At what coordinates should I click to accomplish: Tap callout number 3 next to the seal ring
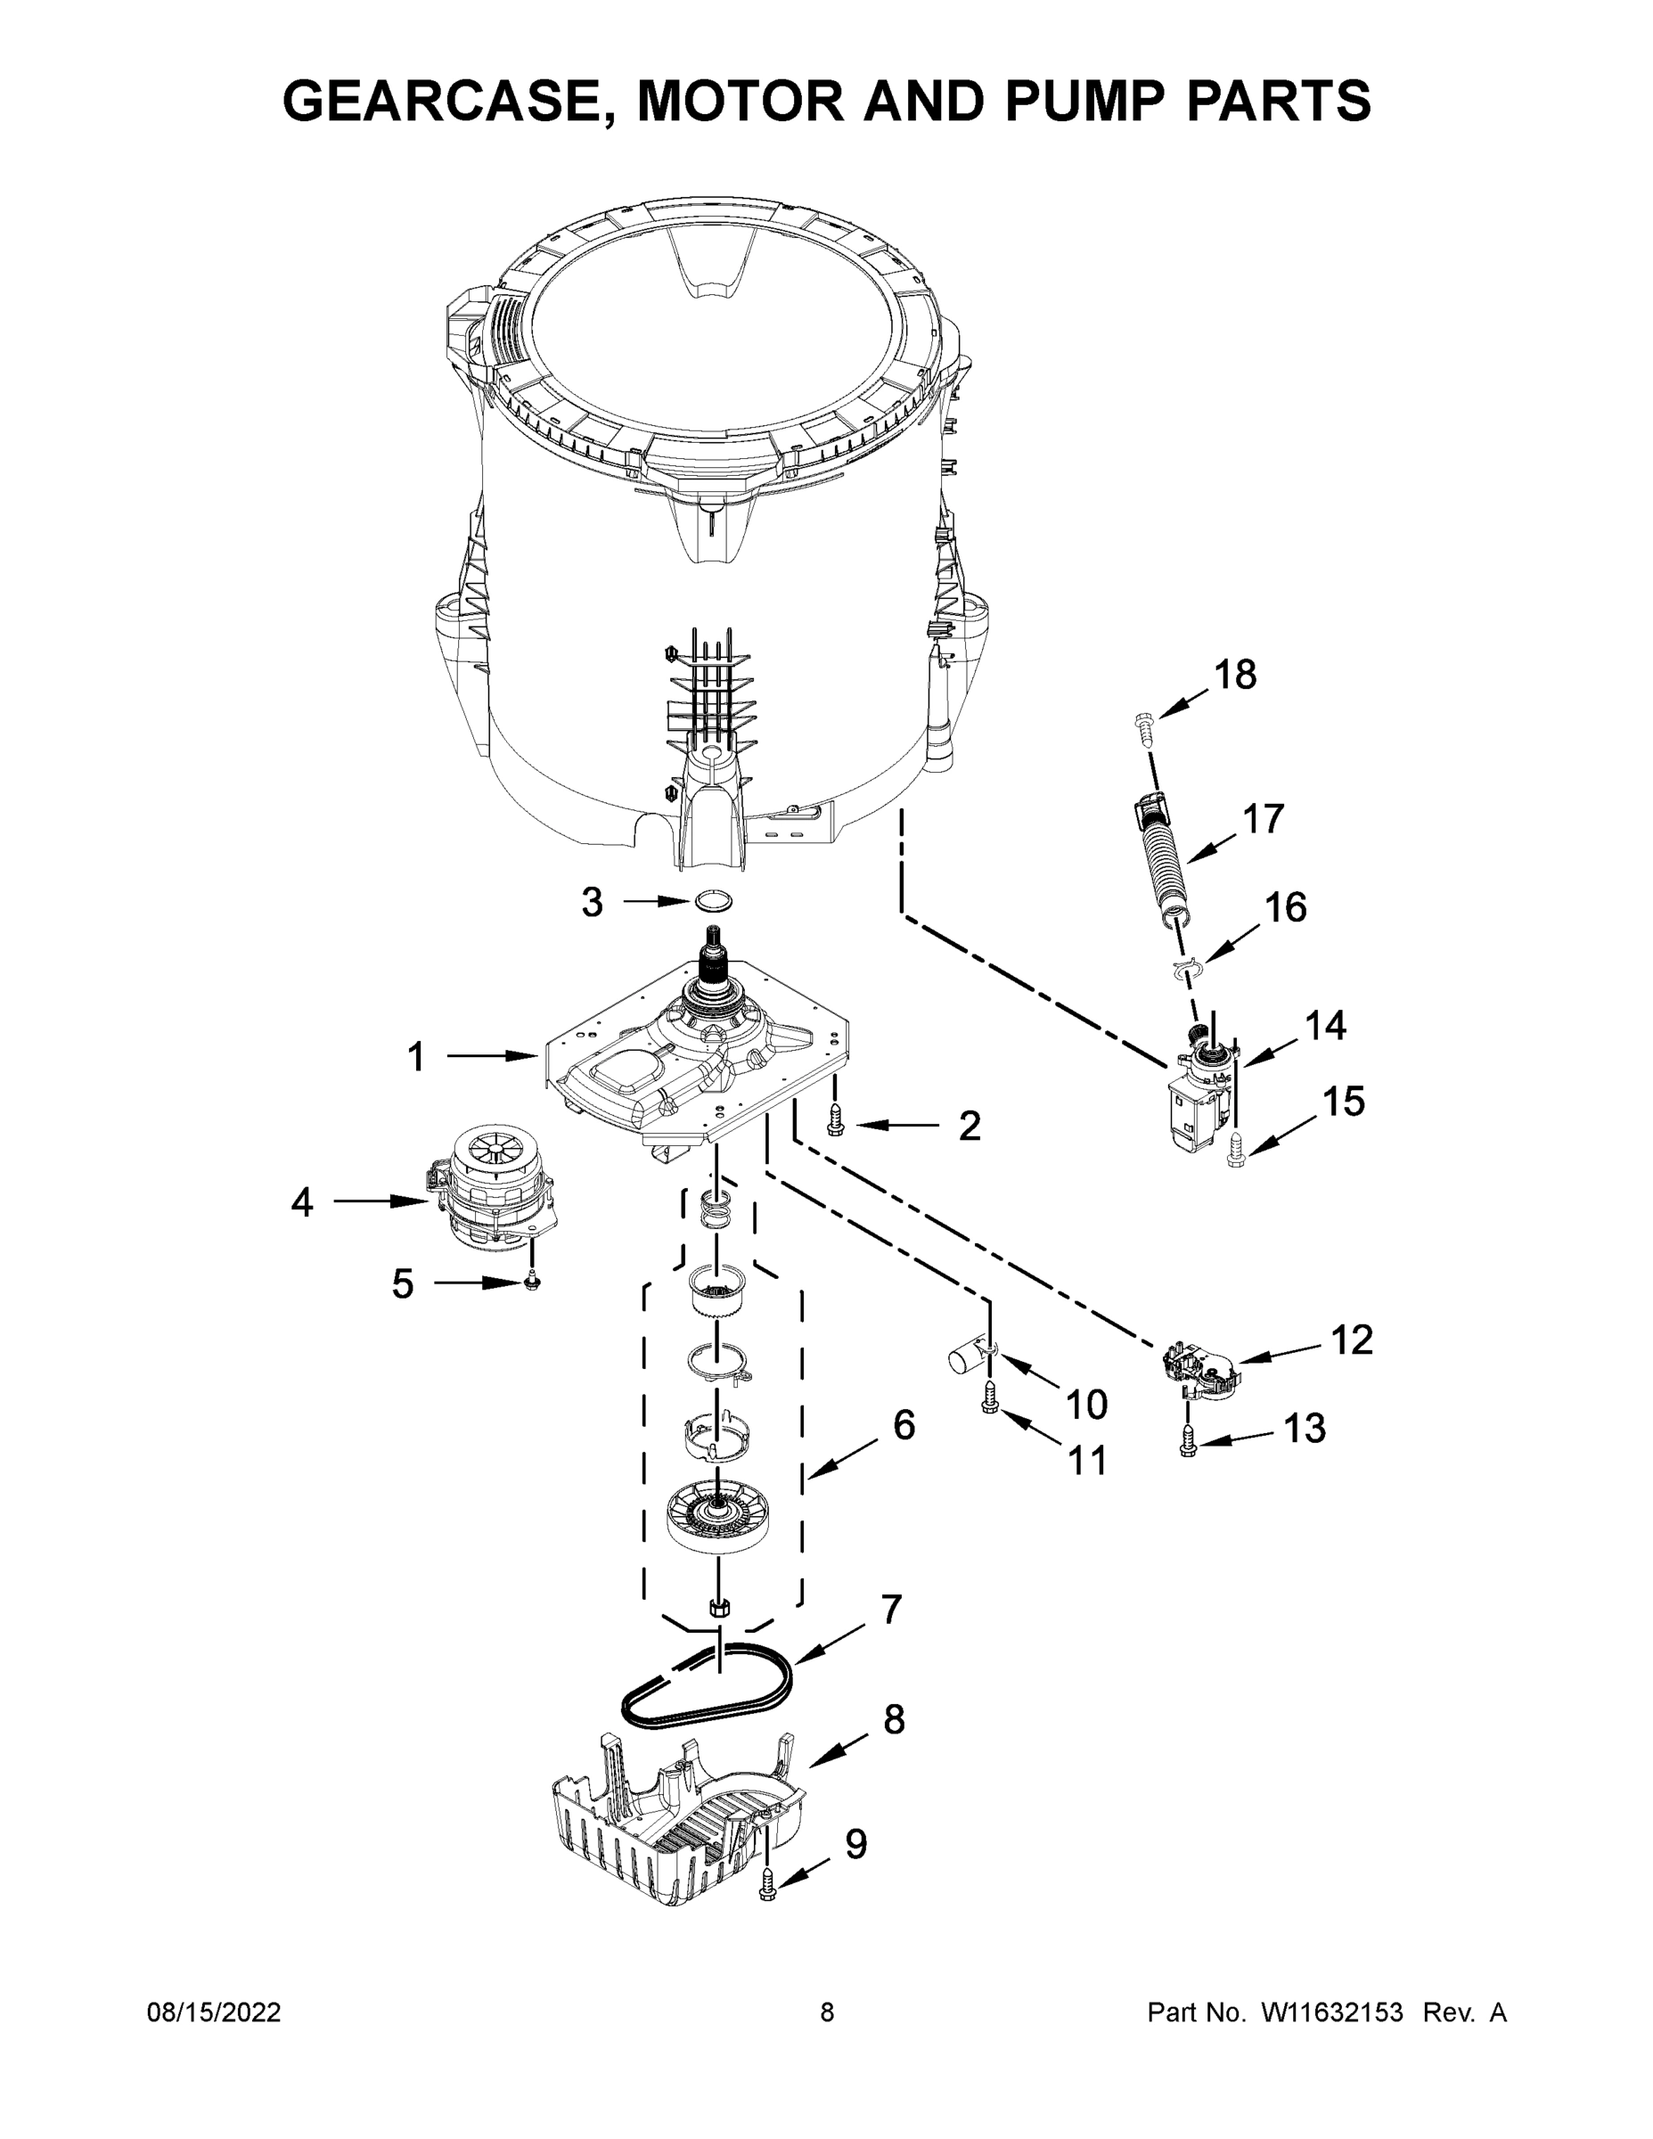592,902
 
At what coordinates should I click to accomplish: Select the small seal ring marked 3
714,900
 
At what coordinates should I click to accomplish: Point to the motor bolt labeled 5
531,1280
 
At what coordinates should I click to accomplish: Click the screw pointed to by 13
1189,1442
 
